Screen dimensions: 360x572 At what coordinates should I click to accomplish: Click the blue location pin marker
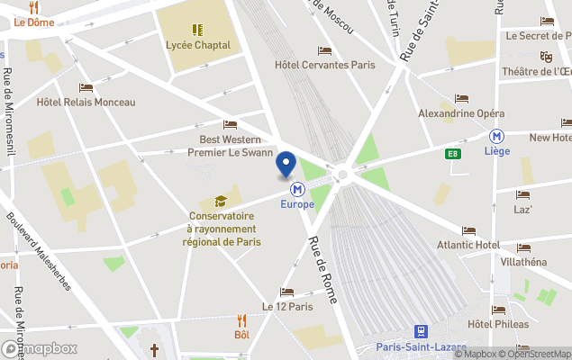tap(286, 166)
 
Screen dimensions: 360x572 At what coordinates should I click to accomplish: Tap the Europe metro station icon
tap(297, 189)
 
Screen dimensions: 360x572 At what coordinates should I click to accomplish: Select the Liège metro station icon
tap(496, 136)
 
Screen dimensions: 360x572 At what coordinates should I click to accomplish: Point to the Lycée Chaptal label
tap(197, 44)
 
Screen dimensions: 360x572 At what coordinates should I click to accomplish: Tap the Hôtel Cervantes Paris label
tap(324, 65)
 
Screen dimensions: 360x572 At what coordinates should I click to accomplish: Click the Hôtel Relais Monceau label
tap(86, 103)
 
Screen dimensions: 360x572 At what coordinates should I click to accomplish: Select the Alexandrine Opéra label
tap(461, 113)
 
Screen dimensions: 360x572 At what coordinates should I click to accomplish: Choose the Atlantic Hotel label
tap(468, 245)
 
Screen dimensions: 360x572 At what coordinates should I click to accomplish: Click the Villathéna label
tap(522, 262)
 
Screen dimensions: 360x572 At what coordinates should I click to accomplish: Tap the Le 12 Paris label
tap(286, 306)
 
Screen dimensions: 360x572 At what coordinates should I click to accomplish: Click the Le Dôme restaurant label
tap(33, 22)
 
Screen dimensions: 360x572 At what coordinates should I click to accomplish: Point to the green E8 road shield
tap(456, 154)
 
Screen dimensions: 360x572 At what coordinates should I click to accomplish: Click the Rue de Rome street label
tap(322, 269)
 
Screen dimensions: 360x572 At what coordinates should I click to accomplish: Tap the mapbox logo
tap(40, 348)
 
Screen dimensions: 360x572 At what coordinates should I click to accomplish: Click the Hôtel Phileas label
tap(497, 324)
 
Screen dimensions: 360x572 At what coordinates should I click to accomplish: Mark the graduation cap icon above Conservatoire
tap(222, 201)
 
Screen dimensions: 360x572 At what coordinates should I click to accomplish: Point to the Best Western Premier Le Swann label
tap(230, 146)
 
